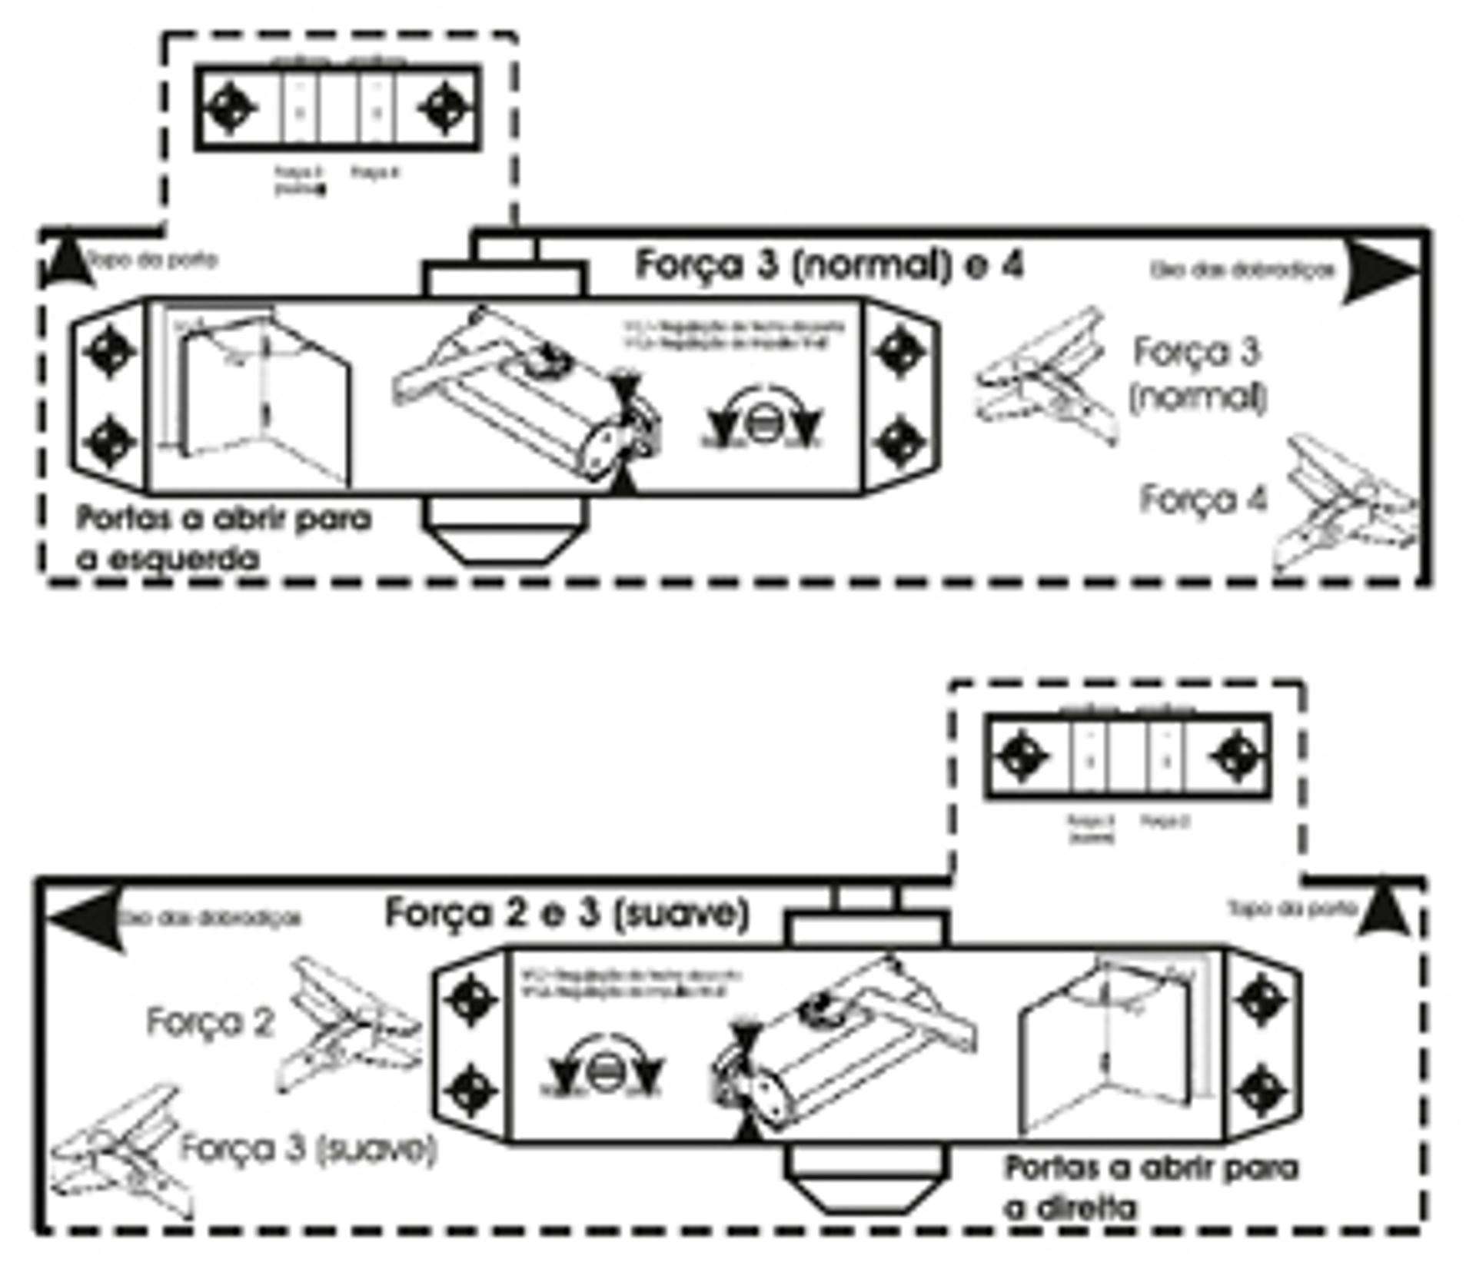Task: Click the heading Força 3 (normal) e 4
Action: pos(829,266)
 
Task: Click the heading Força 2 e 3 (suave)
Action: pos(566,913)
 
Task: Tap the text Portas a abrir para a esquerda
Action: pos(224,538)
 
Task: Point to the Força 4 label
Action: pos(1203,500)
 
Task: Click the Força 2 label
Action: pos(210,1022)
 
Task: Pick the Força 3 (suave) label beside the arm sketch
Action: pos(307,1148)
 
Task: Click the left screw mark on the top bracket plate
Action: pos(232,108)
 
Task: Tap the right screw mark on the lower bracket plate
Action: pos(1238,756)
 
